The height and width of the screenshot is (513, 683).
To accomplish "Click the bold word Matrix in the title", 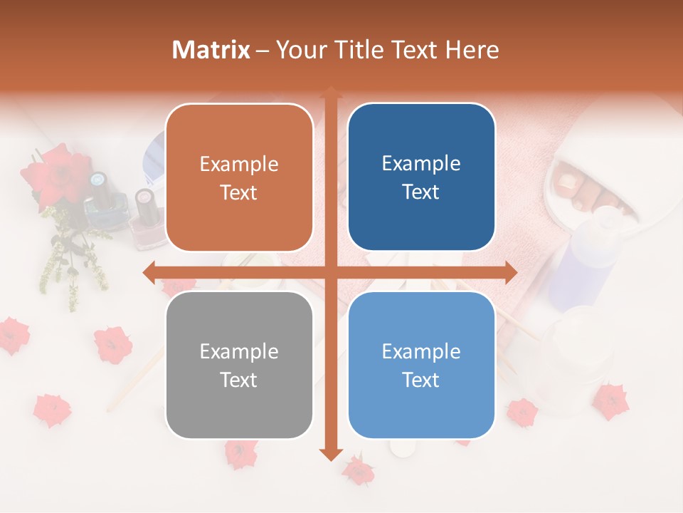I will point(211,50).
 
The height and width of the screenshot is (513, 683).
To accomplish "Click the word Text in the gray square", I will point(238,380).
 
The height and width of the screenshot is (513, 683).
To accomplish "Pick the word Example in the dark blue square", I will point(421,164).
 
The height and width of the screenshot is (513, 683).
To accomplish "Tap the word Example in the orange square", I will point(238,165).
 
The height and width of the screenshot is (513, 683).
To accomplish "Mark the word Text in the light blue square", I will point(421,380).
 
